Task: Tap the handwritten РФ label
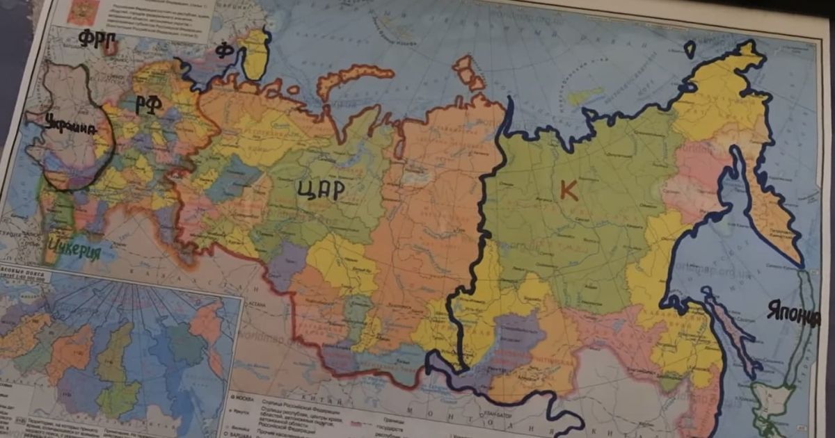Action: pos(148,105)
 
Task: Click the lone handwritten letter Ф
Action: pos(223,50)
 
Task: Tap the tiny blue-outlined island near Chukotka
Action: pos(690,49)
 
